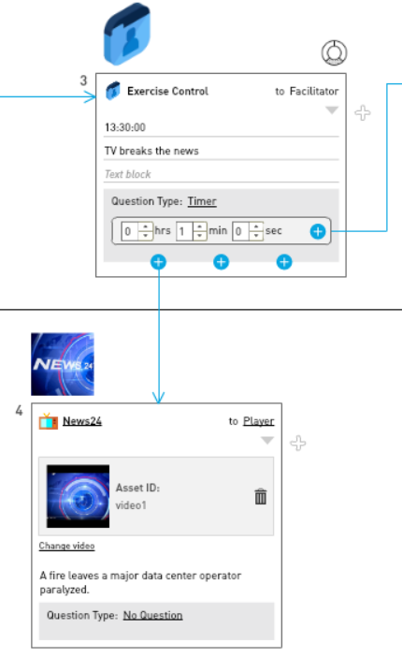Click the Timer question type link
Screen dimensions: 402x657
202,201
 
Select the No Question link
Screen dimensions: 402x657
152,615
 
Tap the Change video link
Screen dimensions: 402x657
66,546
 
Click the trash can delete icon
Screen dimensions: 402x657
261,497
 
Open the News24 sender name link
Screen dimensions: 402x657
82,421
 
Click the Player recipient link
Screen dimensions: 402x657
258,421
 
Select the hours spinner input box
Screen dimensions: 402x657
136,231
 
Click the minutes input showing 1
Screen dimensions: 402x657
192,231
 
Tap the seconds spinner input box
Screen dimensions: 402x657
248,231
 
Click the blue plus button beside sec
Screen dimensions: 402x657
318,231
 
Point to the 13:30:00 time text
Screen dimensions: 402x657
125,127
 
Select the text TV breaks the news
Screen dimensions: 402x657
151,151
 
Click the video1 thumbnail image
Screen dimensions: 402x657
78,496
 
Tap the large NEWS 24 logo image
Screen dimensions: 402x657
63,364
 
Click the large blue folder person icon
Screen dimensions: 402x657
127,34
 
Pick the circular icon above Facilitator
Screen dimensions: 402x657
334,52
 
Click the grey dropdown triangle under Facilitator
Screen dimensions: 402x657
332,110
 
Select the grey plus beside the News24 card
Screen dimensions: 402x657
297,443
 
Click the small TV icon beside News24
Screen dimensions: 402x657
49,421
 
